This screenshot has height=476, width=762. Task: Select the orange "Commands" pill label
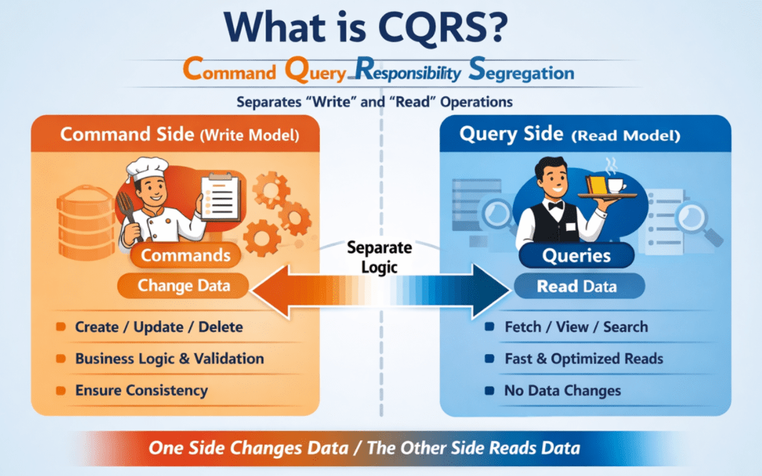tap(186, 255)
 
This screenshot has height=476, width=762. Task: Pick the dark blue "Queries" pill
tap(576, 256)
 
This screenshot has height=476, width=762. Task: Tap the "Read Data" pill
tap(577, 287)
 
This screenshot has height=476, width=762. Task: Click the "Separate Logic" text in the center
tap(379, 257)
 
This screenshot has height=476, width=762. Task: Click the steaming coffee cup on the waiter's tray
tap(614, 184)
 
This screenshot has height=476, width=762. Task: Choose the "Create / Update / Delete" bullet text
tap(159, 327)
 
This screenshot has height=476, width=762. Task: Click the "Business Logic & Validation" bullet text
tap(170, 359)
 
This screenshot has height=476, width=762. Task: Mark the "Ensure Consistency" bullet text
tap(142, 391)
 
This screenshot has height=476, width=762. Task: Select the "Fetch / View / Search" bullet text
tap(576, 327)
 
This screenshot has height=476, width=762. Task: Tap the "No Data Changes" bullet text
tap(563, 391)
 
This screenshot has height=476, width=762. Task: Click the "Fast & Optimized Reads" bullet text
tap(584, 359)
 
